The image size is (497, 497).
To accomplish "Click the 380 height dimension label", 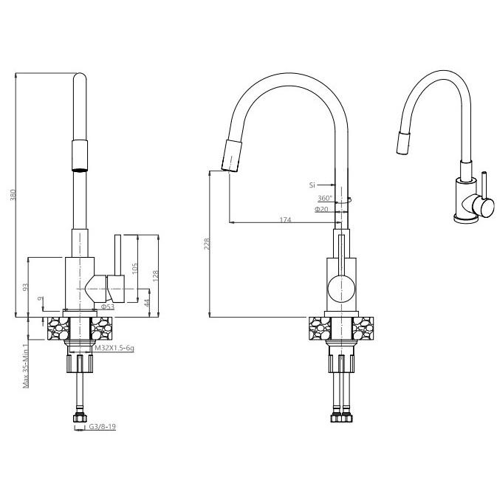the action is (x=13, y=195).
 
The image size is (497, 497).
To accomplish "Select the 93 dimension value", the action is (x=26, y=287).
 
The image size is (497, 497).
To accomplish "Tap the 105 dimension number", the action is (x=134, y=269).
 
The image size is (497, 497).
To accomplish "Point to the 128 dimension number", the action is (x=155, y=275).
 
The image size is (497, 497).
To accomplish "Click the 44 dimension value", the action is (x=147, y=303).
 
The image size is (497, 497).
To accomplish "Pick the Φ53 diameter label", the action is (x=108, y=306).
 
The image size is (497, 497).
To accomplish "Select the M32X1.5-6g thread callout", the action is (x=114, y=348).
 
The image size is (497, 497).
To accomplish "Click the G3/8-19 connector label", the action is (x=102, y=427).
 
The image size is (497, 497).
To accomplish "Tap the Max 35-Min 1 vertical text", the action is (x=26, y=366).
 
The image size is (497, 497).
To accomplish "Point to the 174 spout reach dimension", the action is (x=285, y=219).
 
